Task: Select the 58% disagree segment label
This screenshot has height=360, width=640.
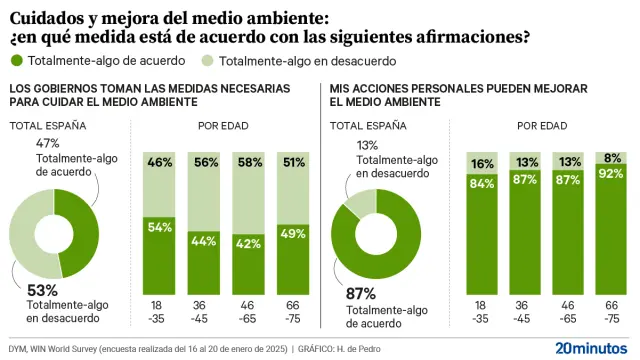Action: (x=250, y=162)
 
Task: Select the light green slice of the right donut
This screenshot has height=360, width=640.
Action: (x=354, y=204)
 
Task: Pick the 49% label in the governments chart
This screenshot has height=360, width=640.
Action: (x=294, y=234)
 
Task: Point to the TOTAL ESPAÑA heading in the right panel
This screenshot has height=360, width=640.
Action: (x=369, y=125)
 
